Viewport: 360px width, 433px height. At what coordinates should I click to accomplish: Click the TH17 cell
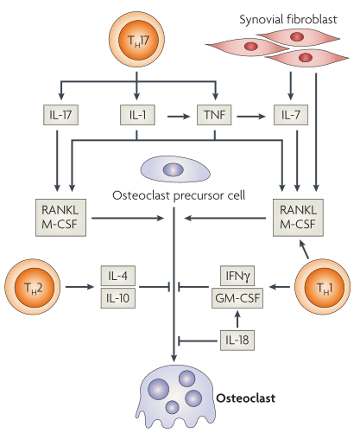pyautogui.click(x=136, y=39)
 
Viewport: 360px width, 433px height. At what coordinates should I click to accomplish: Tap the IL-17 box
pyautogui.click(x=60, y=115)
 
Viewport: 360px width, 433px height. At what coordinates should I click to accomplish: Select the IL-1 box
pyautogui.click(x=137, y=115)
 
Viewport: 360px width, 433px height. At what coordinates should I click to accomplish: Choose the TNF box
pyautogui.click(x=214, y=115)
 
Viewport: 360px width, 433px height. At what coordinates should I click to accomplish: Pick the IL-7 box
pyautogui.click(x=291, y=115)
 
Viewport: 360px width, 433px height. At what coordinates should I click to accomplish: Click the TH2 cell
pyautogui.click(x=33, y=287)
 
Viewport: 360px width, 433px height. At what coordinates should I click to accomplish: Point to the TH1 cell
pyautogui.click(x=323, y=287)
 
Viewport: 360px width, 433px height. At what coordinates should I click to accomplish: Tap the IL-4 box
pyautogui.click(x=118, y=276)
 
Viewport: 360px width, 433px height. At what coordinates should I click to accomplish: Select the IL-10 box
pyautogui.click(x=118, y=298)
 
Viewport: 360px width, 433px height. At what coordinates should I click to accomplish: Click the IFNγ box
pyautogui.click(x=237, y=276)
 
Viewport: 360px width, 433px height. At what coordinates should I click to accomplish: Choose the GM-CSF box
pyautogui.click(x=237, y=298)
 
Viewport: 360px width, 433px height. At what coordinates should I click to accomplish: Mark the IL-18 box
pyautogui.click(x=237, y=341)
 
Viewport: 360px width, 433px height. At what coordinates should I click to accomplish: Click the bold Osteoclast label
pyautogui.click(x=245, y=398)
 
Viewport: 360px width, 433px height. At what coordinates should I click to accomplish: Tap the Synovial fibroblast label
pyautogui.click(x=288, y=20)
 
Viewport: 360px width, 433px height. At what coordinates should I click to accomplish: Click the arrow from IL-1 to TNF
pyautogui.click(x=179, y=117)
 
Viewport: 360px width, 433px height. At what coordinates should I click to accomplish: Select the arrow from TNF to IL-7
pyautogui.click(x=251, y=117)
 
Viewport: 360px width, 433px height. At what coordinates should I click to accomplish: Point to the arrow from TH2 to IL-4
pyautogui.click(x=79, y=287)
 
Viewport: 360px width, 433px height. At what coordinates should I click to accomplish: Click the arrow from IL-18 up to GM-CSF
pyautogui.click(x=237, y=319)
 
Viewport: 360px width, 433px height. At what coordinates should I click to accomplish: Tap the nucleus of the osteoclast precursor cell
pyautogui.click(x=174, y=169)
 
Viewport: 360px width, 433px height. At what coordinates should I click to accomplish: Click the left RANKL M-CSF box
pyautogui.click(x=60, y=218)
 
